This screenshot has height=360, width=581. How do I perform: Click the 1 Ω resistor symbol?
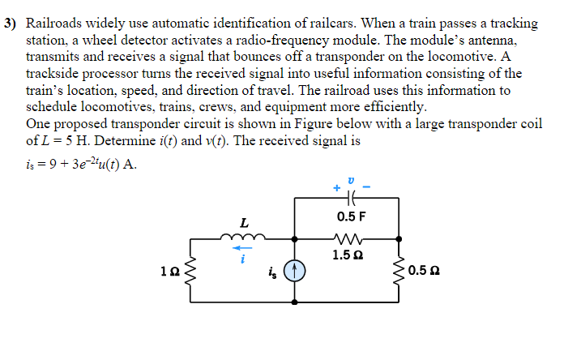190,271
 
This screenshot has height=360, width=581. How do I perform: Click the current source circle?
294,271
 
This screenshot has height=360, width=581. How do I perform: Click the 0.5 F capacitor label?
350,216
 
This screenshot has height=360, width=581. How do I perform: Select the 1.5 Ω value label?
348,255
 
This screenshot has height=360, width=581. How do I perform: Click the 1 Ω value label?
169,271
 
